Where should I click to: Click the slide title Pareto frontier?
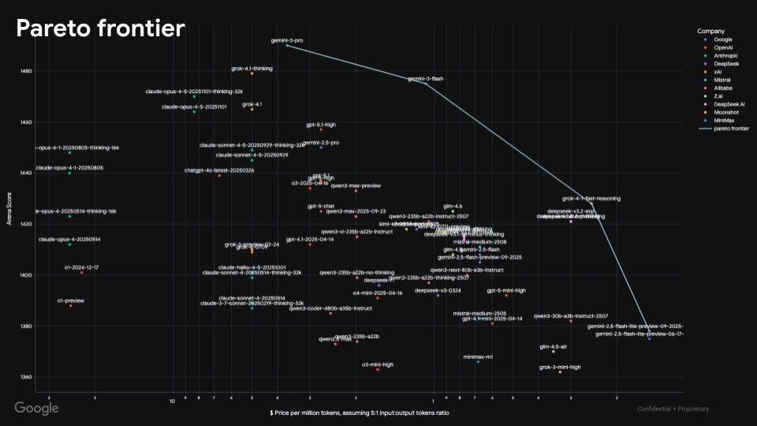[100, 29]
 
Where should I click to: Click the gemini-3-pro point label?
[287, 39]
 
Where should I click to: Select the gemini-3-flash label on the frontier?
[425, 79]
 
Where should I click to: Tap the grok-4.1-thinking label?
[252, 69]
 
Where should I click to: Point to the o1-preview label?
[70, 301]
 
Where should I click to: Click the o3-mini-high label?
[377, 364]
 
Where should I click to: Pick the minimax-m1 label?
[478, 357]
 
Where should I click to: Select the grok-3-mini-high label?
[560, 367]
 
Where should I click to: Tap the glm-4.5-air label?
[553, 346]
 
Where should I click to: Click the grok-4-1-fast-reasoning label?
[591, 199]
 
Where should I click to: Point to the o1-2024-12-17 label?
[81, 267]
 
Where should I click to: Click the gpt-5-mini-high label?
[506, 290]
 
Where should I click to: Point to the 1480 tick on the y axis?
[27, 71]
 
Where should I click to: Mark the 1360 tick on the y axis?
[27, 377]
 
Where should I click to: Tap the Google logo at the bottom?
[36, 408]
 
